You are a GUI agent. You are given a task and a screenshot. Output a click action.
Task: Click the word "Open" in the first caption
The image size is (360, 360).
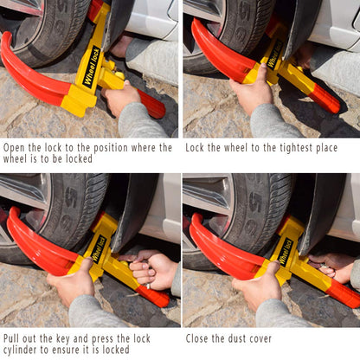coord(15,147)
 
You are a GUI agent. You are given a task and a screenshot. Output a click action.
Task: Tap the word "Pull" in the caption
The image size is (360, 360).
coord(14,338)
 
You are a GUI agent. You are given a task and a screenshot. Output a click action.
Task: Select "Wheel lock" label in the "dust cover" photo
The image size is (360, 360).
coord(284,251)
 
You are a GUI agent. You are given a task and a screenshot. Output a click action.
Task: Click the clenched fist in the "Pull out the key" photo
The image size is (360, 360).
coord(153,270)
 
